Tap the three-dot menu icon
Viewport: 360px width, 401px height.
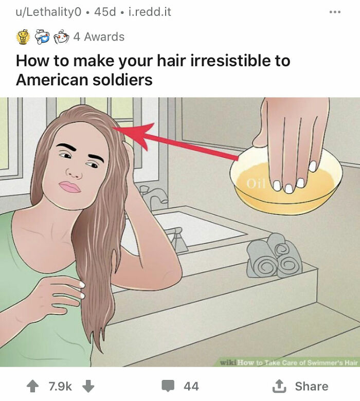click(334, 11)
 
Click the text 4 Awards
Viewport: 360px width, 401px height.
click(98, 37)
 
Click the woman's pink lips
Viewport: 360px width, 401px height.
click(69, 186)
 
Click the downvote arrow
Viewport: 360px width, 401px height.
click(88, 386)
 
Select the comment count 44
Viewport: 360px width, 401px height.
click(191, 386)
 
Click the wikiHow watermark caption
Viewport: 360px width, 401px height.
click(289, 362)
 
